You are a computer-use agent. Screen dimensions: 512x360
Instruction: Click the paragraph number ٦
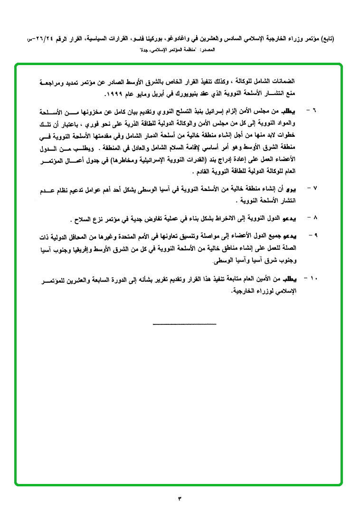click(314, 111)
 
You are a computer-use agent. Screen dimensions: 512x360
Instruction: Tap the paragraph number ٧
click(314, 188)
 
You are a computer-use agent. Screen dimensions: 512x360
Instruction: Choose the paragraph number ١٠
click(314, 277)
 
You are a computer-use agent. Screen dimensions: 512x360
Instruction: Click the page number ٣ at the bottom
click(180, 498)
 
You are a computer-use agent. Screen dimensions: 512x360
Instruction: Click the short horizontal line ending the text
click(185, 324)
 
